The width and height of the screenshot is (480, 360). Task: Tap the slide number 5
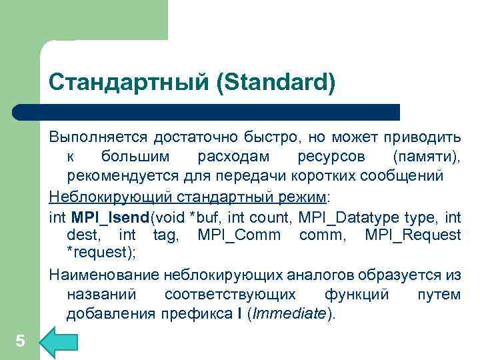(20, 341)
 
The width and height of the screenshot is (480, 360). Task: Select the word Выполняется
(99, 137)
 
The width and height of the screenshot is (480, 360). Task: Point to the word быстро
(275, 137)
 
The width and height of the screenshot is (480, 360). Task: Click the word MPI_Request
(418, 235)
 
